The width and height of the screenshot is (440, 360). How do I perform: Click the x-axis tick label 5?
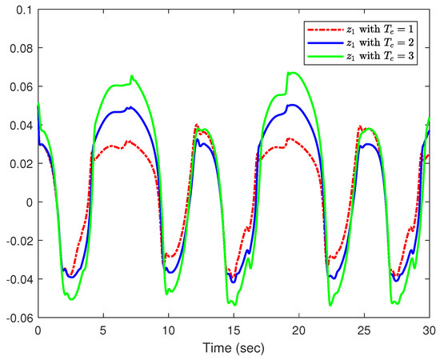pyautogui.click(x=102, y=329)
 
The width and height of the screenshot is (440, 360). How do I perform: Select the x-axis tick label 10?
pyautogui.click(x=168, y=329)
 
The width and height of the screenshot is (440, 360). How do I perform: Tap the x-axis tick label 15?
pyautogui.click(x=233, y=329)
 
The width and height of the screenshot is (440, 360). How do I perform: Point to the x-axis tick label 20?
pyautogui.click(x=298, y=329)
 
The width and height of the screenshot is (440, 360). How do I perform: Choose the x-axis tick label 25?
pyautogui.click(x=364, y=329)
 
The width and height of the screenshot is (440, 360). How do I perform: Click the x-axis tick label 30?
pyautogui.click(x=428, y=329)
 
